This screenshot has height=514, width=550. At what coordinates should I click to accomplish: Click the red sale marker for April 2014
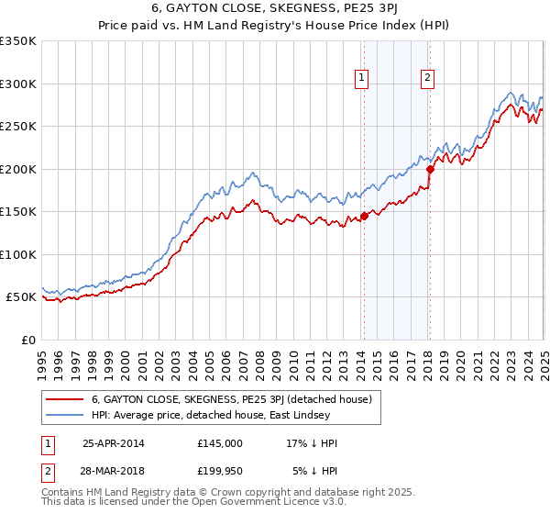(x=364, y=217)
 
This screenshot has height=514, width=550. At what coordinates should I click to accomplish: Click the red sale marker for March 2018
(x=430, y=169)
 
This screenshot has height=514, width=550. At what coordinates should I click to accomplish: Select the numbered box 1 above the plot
(x=363, y=78)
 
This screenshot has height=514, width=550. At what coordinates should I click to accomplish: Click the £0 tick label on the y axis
(x=27, y=340)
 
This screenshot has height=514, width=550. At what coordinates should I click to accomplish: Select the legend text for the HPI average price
(x=216, y=416)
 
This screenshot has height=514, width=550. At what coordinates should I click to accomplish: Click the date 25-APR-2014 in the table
(x=114, y=443)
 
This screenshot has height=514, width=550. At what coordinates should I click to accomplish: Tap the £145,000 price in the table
(x=219, y=443)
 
